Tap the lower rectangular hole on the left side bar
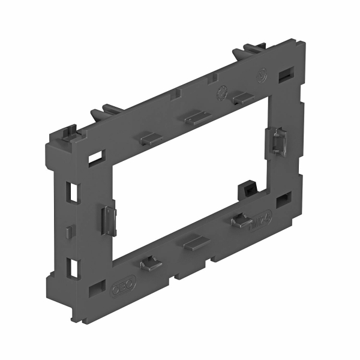pos(74,266)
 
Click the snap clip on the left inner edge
pos(107,218)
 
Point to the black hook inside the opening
pos(245,187)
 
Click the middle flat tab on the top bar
pos(196,118)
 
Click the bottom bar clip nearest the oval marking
pos(241,221)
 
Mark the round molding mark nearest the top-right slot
pos(260,77)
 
